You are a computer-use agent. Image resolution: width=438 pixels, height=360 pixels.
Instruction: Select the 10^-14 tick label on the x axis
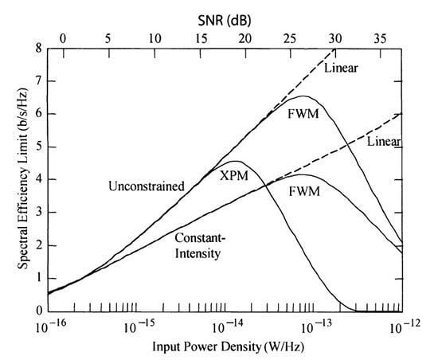(x=225, y=328)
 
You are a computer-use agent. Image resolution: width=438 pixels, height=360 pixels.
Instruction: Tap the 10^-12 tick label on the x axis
(x=400, y=328)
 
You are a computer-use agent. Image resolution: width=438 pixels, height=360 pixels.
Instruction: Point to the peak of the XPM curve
(x=237, y=162)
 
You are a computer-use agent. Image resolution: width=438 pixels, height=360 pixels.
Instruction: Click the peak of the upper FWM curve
(x=304, y=96)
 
